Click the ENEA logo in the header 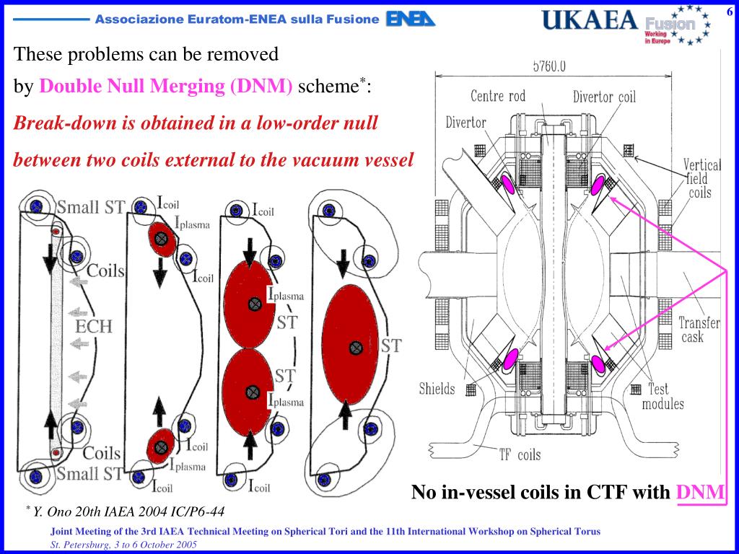point(411,19)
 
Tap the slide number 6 point(729,9)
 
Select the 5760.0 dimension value point(549,66)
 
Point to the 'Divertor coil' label point(605,96)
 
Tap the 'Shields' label point(437,389)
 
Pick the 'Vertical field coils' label point(702,178)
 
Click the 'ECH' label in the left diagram point(94,326)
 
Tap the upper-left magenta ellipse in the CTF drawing point(509,184)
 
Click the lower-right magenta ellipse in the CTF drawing point(599,364)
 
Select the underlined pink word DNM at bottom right point(700,493)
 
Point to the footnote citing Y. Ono point(128,511)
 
